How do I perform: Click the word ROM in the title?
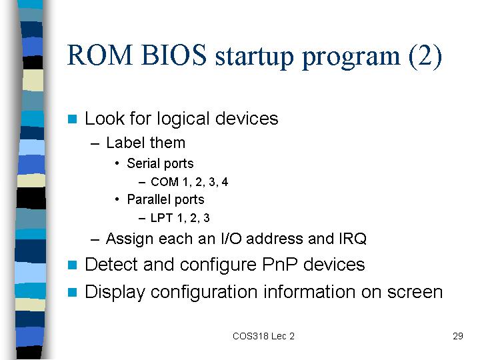click(x=100, y=55)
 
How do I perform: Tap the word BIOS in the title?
click(x=174, y=55)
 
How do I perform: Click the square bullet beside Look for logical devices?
click(x=72, y=119)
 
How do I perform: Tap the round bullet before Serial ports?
click(x=117, y=163)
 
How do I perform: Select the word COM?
click(x=165, y=182)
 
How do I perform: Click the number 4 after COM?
click(x=225, y=182)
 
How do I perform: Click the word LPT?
click(x=161, y=218)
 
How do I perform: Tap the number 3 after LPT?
click(x=206, y=218)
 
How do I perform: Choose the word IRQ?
click(x=353, y=239)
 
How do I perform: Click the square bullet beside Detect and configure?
click(x=72, y=265)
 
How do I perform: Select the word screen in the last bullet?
click(x=415, y=293)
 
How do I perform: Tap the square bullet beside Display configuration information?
click(x=72, y=293)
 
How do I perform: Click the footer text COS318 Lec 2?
click(x=263, y=336)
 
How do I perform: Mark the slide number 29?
click(x=457, y=336)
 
